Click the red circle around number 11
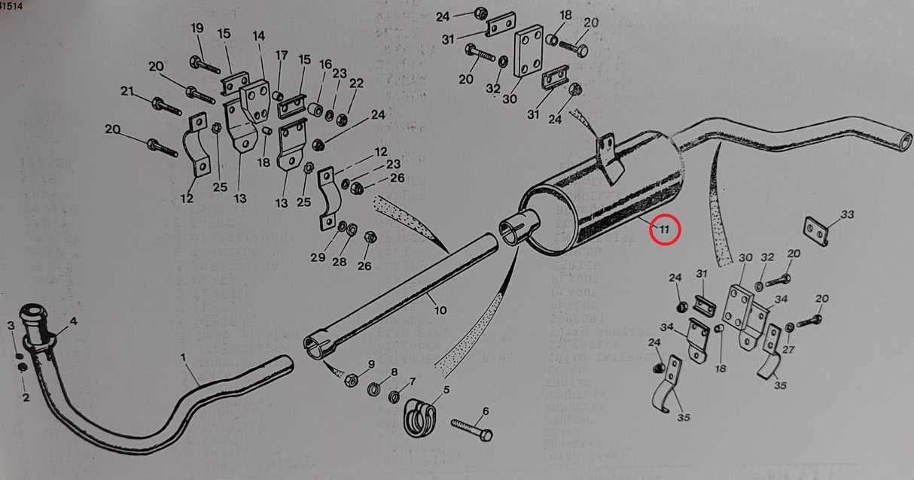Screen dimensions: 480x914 (665, 229)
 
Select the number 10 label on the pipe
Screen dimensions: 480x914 (440, 309)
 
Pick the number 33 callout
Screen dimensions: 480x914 (848, 215)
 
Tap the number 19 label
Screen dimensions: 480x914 (197, 29)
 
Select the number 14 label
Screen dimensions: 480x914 (259, 35)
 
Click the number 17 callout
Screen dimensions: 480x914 (282, 55)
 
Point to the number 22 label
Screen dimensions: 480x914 (356, 84)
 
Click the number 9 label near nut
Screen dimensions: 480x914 (371, 365)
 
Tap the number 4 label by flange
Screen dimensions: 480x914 (73, 323)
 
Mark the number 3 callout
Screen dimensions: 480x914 (11, 325)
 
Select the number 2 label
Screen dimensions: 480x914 (26, 398)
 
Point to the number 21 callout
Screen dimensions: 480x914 (127, 92)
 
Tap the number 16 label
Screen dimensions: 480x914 (325, 65)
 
